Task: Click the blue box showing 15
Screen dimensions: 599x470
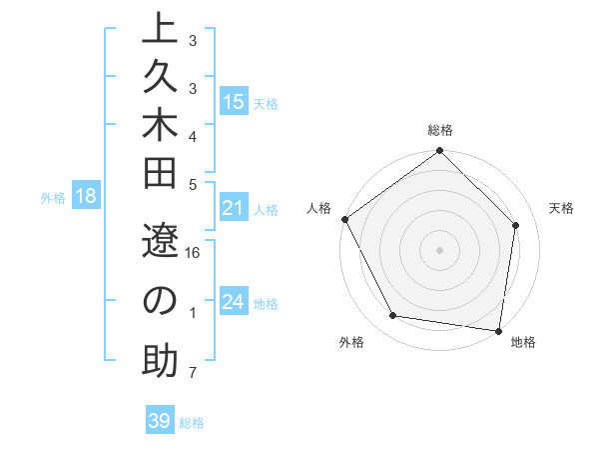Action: click(234, 102)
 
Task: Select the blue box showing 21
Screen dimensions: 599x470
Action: click(234, 208)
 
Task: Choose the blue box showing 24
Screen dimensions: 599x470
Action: click(234, 302)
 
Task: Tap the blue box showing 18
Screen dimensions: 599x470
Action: click(86, 196)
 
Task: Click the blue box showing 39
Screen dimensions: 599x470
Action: click(160, 421)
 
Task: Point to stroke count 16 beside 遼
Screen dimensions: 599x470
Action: click(194, 253)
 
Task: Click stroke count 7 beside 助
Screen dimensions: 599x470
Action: click(192, 373)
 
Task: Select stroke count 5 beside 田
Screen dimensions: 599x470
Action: click(192, 184)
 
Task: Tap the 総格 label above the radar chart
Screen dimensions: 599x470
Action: click(439, 130)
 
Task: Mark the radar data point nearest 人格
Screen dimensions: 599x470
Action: click(345, 219)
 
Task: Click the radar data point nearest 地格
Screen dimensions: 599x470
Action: click(498, 329)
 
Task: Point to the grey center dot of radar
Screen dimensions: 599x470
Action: click(439, 249)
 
